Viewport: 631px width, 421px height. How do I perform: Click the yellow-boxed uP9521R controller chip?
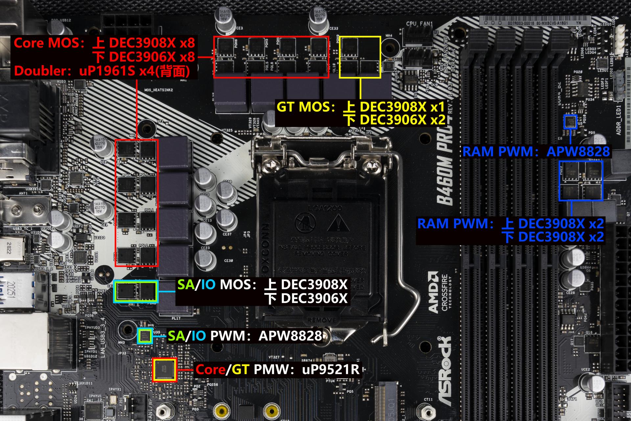tap(165, 370)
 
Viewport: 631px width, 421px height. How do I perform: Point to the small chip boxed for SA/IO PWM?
tap(145, 336)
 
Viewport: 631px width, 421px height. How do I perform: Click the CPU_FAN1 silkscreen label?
tap(419, 24)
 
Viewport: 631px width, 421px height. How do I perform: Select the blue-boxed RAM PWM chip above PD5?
tap(571, 122)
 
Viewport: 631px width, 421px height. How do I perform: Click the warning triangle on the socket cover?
tap(339, 224)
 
